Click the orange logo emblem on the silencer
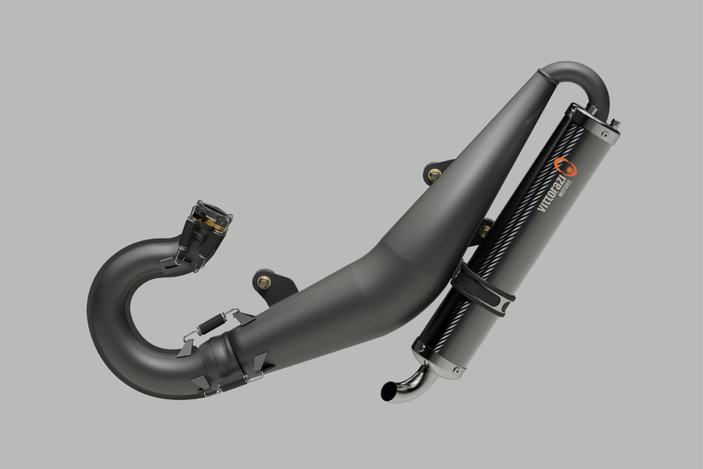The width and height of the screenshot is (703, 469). coord(565,167)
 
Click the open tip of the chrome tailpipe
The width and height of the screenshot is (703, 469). coord(387,392)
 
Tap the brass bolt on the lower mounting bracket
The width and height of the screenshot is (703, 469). coord(264,281)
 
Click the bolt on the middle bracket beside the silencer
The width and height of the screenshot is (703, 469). coord(484,230)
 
